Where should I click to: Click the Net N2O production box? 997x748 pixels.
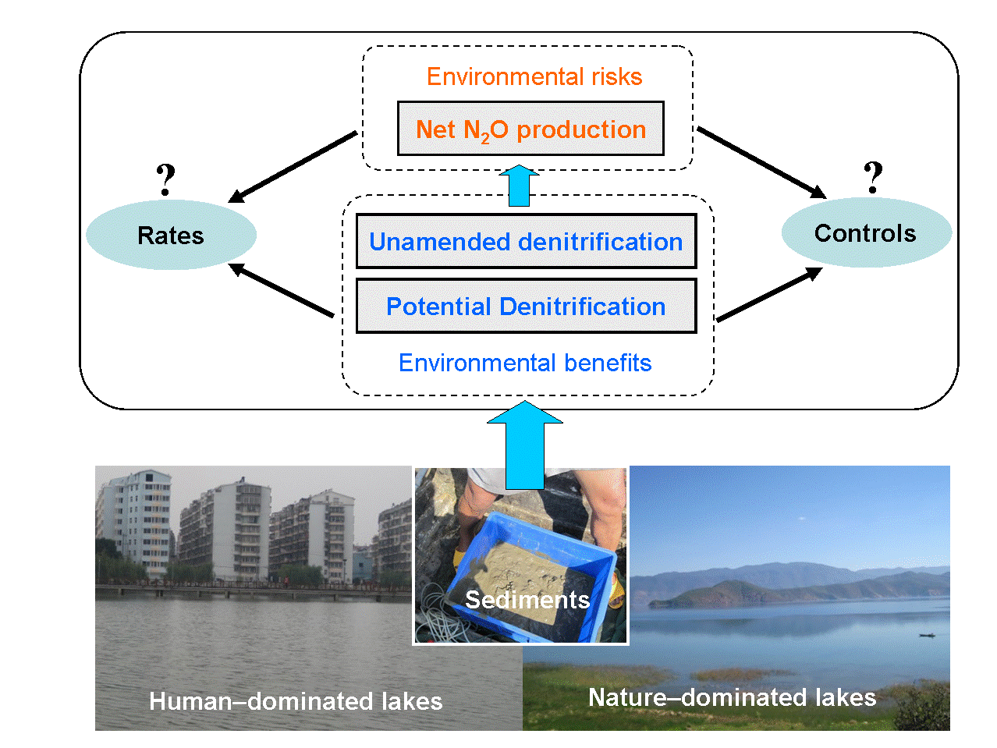pyautogui.click(x=530, y=129)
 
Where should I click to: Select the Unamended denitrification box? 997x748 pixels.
pyautogui.click(x=526, y=242)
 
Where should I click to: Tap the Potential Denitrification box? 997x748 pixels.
pyautogui.click(x=526, y=307)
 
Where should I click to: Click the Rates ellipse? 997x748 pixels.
pyautogui.click(x=171, y=235)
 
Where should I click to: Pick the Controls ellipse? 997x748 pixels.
pyautogui.click(x=866, y=232)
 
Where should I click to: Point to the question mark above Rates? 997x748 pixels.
pyautogui.click(x=165, y=180)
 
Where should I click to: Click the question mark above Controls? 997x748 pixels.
pyautogui.click(x=874, y=177)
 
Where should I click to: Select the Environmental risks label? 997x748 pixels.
pyautogui.click(x=534, y=76)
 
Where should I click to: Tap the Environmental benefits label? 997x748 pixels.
pyautogui.click(x=525, y=363)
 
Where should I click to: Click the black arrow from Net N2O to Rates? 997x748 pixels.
pyautogui.click(x=293, y=167)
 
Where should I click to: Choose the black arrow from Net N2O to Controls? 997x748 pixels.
pyautogui.click(x=761, y=162)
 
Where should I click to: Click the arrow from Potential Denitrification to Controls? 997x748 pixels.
pyautogui.click(x=769, y=294)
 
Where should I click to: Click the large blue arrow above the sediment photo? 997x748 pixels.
pyautogui.click(x=525, y=445)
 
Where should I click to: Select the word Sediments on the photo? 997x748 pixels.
pyautogui.click(x=527, y=599)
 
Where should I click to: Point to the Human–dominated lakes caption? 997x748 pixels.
pyautogui.click(x=296, y=701)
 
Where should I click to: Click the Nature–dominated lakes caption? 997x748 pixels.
pyautogui.click(x=732, y=697)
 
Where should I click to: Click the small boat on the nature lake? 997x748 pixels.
pyautogui.click(x=926, y=635)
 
